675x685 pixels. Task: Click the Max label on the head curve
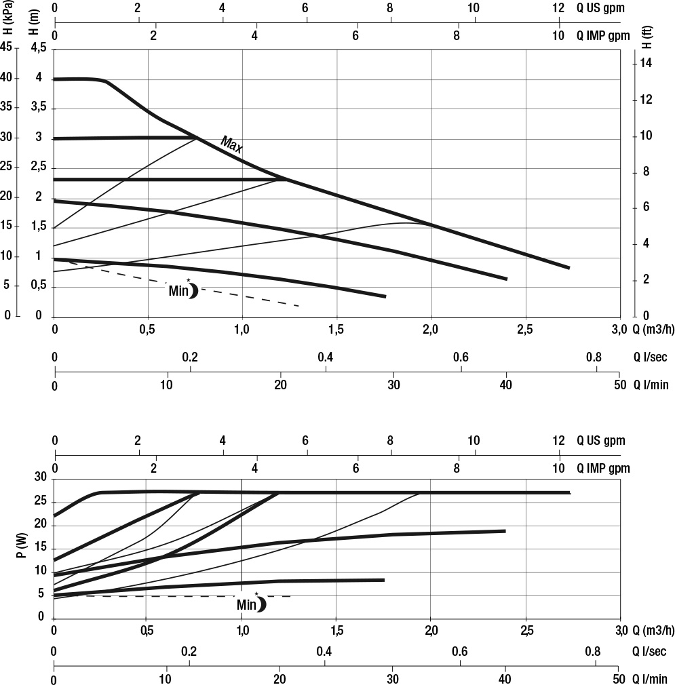pyautogui.click(x=231, y=144)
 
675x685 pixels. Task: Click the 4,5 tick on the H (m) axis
pyautogui.click(x=38, y=48)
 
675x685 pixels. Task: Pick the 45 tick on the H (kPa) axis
pyautogui.click(x=7, y=48)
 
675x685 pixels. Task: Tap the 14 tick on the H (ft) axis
pyautogui.click(x=647, y=63)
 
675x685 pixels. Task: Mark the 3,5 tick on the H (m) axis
pyautogui.click(x=38, y=108)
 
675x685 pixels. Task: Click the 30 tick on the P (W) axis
pyautogui.click(x=39, y=478)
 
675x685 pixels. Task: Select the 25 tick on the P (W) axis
pyautogui.click(x=39, y=502)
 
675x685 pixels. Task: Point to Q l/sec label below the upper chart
pyautogui.click(x=651, y=359)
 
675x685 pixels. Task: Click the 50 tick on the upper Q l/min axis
pyautogui.click(x=618, y=385)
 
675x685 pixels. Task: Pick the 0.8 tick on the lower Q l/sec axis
pyautogui.click(x=593, y=652)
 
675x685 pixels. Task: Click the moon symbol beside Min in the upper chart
pyautogui.click(x=193, y=290)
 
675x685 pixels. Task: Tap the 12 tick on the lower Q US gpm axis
pyautogui.click(x=558, y=441)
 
